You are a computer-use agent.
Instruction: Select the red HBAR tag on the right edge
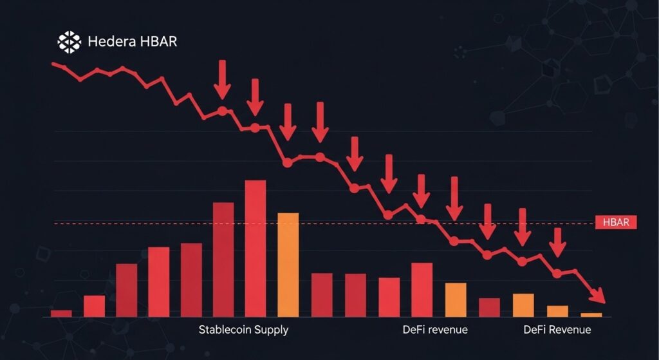tap(616, 223)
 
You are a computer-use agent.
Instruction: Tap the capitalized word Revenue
tap(570, 330)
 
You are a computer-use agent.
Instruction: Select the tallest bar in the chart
tap(255, 248)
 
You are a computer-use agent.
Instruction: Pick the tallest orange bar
tap(288, 264)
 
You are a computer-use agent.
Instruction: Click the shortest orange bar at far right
tap(591, 314)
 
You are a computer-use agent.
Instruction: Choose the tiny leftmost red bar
tap(61, 313)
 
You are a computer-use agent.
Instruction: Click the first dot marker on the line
tap(223, 111)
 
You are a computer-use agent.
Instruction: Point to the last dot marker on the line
tap(557, 274)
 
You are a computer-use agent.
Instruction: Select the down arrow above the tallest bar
tap(255, 97)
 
